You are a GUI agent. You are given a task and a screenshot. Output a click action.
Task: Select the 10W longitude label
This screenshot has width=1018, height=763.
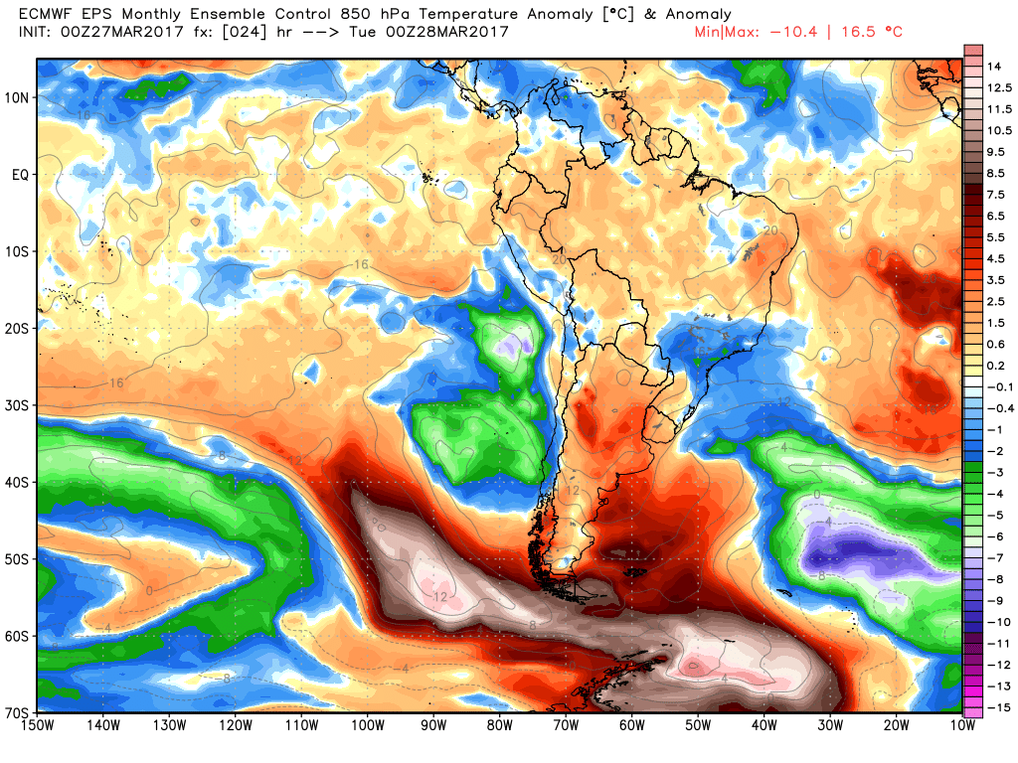961,726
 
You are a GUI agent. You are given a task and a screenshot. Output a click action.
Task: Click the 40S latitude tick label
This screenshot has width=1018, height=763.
19,483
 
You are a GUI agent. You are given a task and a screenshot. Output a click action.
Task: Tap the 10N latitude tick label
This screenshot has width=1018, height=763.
19,97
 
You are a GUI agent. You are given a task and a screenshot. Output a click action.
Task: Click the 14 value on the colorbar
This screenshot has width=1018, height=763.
993,67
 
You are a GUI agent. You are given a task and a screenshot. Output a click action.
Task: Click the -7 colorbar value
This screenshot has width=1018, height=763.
994,557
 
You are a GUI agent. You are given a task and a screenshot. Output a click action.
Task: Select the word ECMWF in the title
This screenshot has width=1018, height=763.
45,15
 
